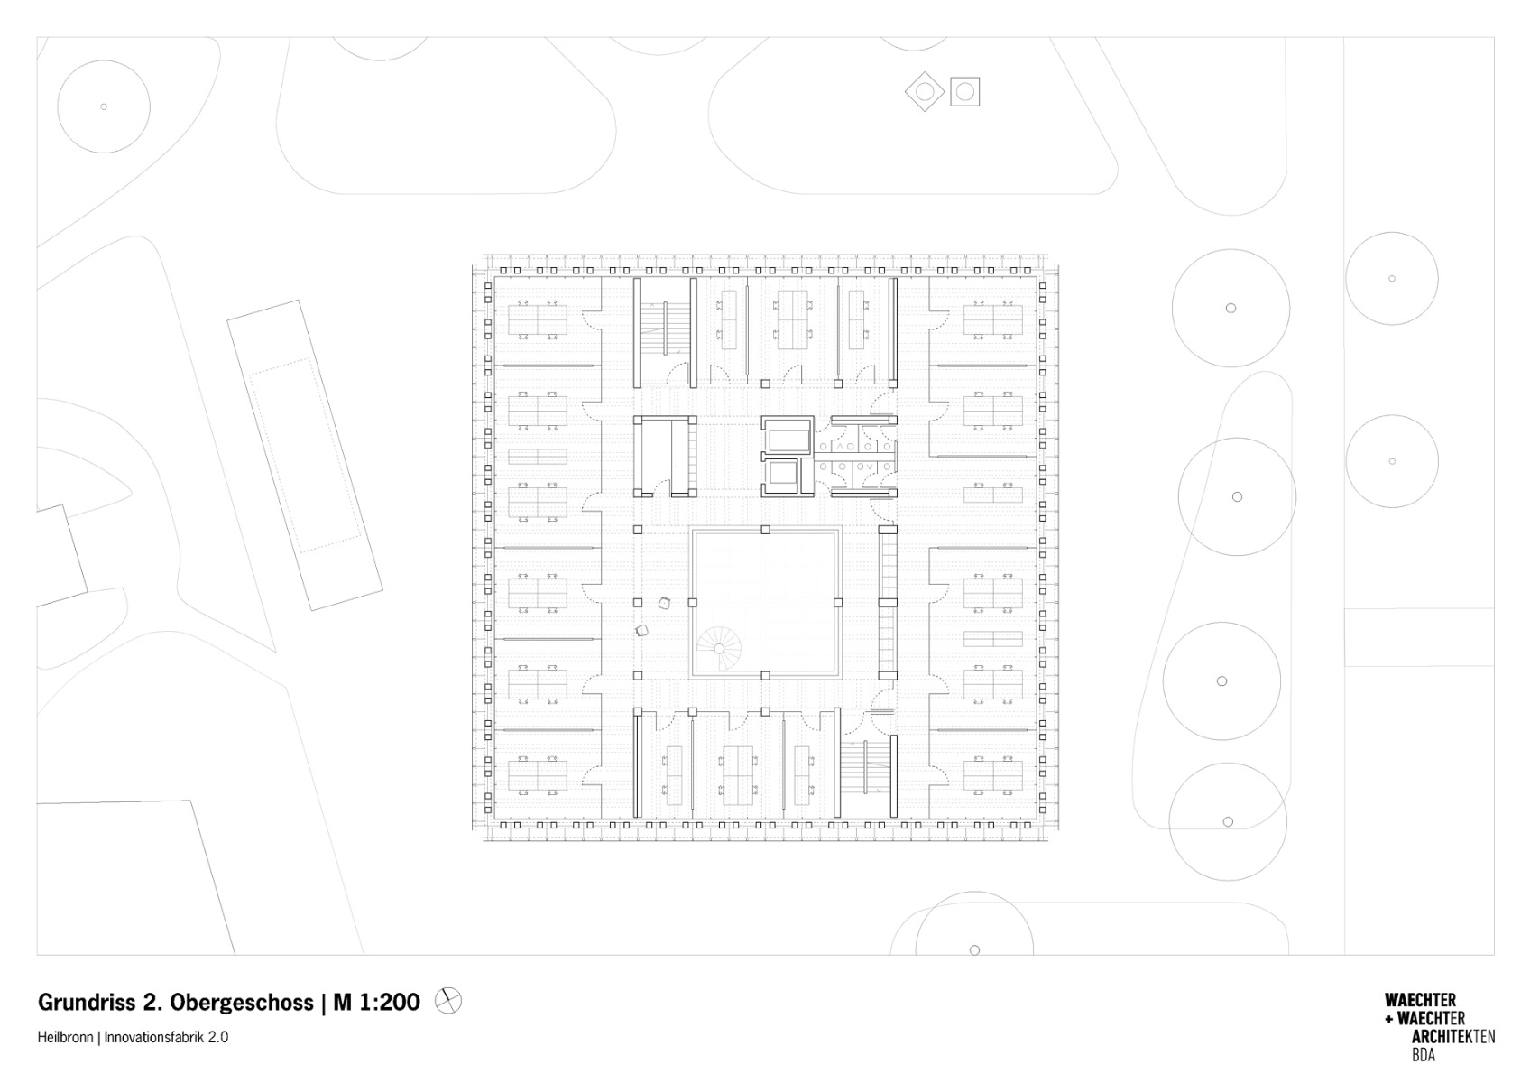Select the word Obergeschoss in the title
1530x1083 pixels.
239,1002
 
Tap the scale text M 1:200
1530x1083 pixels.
376,1002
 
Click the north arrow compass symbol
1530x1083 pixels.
448,1000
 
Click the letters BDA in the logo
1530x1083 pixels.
1424,1055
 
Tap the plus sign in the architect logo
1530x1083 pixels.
1389,1019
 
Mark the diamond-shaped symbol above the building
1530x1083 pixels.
925,91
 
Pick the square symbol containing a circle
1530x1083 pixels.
964,91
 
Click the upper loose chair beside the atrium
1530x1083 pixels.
665,603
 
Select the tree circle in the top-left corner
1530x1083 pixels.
104,106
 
